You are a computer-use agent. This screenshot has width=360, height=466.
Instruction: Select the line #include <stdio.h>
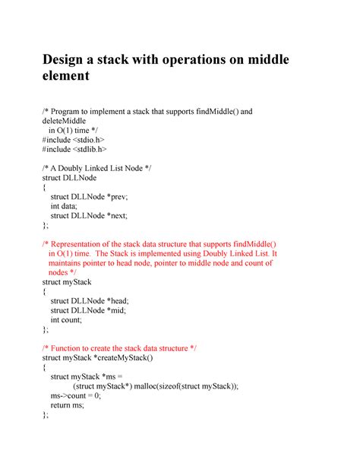(74, 140)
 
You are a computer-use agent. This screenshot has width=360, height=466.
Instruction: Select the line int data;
(67, 206)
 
